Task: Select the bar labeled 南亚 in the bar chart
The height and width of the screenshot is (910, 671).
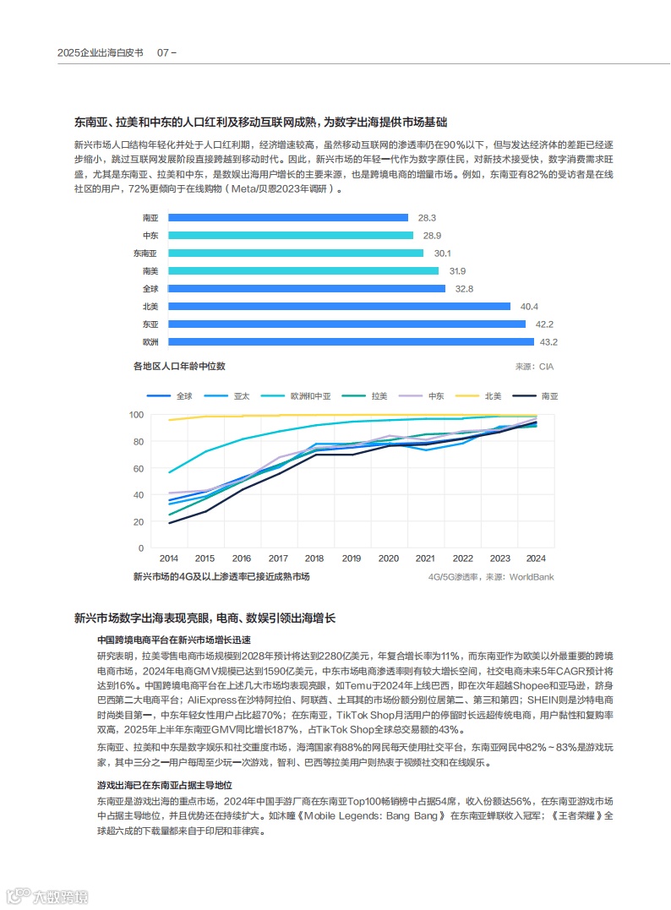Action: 288,218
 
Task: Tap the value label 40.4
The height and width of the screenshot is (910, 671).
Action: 530,307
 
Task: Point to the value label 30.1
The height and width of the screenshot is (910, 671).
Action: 443,253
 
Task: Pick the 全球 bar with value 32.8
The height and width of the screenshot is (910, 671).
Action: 307,289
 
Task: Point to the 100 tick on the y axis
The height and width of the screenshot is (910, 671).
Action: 136,415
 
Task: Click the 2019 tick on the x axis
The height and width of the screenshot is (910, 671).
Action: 351,559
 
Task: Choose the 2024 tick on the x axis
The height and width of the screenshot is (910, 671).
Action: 536,559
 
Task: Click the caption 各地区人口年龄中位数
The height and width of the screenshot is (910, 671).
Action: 179,367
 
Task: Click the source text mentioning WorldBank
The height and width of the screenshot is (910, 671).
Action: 491,577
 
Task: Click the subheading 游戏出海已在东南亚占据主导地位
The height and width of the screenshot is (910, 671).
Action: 165,785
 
